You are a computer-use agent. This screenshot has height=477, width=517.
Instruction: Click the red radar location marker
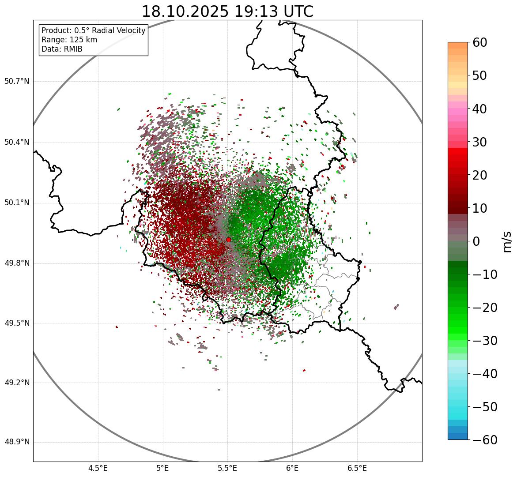click(228, 240)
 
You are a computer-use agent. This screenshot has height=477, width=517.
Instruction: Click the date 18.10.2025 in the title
click(185, 11)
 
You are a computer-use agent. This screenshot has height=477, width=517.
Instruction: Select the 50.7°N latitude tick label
click(17, 82)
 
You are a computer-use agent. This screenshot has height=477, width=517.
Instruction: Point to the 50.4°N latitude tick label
click(17, 143)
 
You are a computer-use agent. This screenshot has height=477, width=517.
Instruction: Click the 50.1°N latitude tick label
click(17, 203)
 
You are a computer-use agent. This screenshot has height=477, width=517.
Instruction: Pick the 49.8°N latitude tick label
click(17, 263)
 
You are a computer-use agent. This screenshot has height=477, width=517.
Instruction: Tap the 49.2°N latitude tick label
click(17, 383)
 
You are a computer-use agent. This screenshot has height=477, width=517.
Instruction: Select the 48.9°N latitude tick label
click(17, 442)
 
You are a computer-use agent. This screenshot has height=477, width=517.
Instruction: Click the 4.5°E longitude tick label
click(98, 468)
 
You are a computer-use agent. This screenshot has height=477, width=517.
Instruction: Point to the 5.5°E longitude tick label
click(228, 468)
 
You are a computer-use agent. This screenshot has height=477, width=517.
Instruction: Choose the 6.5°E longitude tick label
click(357, 468)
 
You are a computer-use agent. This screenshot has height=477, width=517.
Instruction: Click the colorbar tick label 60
click(480, 43)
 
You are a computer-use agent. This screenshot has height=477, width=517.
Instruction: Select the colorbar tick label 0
click(476, 241)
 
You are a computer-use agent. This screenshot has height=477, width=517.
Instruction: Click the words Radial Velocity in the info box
click(117, 30)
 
